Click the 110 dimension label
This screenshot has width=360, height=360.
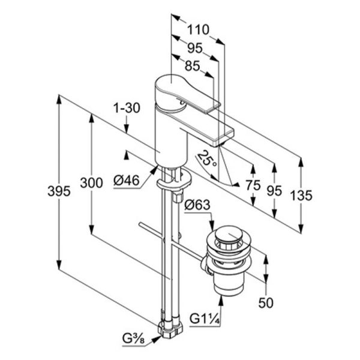coord(199,29)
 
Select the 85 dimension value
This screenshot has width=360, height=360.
coord(193,66)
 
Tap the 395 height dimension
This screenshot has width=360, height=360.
coord(59,191)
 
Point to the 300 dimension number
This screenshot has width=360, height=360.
coord(91,183)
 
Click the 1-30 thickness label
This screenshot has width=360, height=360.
coord(127,107)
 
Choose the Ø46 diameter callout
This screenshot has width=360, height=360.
coord(127,180)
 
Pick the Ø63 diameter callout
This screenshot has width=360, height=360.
coord(197,205)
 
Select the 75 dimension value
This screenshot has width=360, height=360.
coord(253,185)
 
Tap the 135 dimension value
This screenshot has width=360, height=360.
coord(301,196)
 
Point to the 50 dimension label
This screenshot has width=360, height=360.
coord(266,302)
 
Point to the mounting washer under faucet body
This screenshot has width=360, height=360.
coord(174,179)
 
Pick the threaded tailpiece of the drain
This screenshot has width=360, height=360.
coord(229,284)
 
